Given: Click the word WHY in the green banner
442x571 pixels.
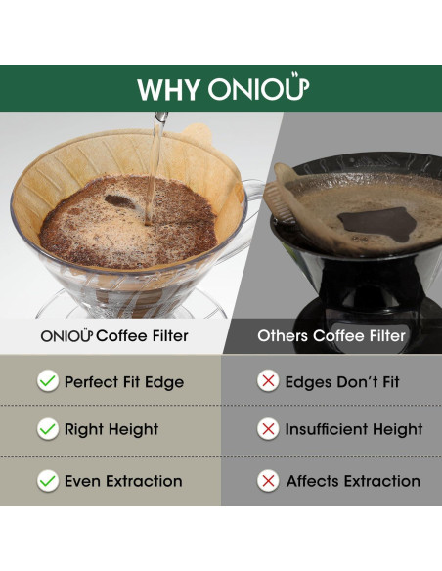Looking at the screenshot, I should point(169,89).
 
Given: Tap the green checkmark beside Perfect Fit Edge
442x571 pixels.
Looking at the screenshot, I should point(47,381).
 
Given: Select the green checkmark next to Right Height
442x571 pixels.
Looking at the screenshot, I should point(47,429).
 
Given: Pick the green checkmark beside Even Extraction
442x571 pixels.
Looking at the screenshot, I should point(47,481).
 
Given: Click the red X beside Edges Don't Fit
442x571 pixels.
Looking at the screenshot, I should point(268,381).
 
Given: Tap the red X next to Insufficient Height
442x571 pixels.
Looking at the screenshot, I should point(268,429).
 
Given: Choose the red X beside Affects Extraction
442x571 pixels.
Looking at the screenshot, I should point(268,481).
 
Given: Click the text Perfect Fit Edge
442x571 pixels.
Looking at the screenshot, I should point(124,381).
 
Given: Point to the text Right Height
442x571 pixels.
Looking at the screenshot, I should point(111,429).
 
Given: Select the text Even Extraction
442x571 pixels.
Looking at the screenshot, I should point(123,481).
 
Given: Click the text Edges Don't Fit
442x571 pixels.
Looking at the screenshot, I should point(343,381).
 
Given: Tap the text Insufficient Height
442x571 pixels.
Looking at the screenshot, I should point(354,429).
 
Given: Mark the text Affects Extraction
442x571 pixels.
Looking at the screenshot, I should point(353,481).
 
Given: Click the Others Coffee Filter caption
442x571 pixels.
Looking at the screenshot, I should point(331,336).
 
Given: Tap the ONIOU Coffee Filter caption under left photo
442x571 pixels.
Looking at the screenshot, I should point(113,336).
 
